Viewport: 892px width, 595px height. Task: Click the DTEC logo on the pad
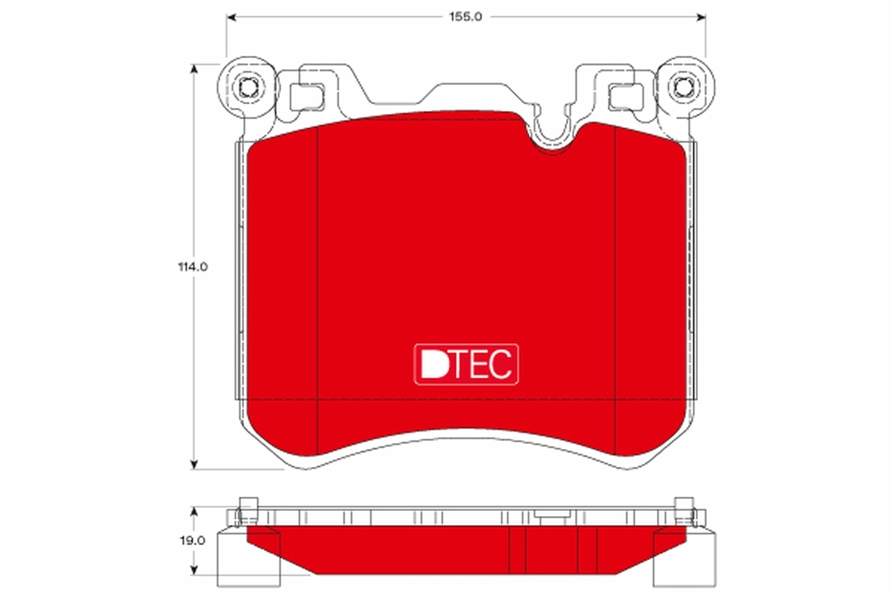click(465, 364)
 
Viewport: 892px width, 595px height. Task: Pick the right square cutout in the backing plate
click(624, 96)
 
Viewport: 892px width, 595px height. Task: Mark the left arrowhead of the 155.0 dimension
click(231, 16)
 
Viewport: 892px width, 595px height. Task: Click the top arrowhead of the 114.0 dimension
click(195, 68)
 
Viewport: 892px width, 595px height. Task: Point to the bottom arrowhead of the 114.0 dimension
click(195, 464)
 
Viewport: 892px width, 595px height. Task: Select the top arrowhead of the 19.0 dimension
click(195, 512)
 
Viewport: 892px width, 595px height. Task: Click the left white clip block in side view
click(248, 558)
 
